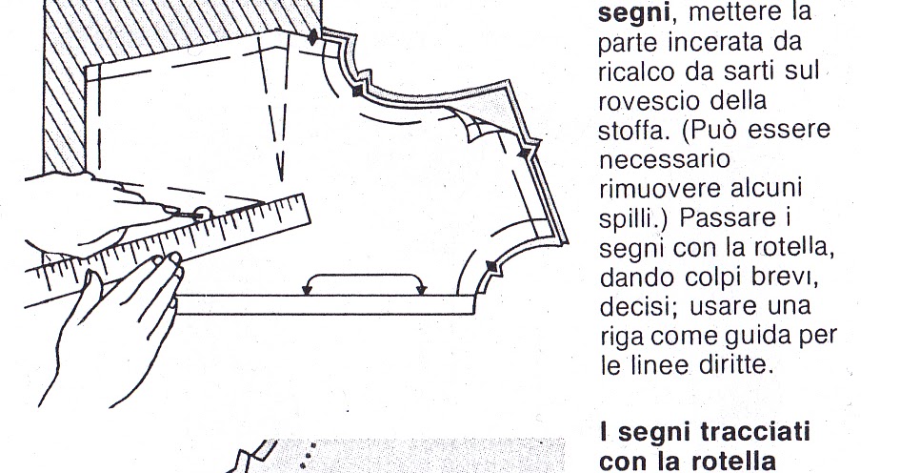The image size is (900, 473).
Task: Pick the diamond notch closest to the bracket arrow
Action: click(491, 264)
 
